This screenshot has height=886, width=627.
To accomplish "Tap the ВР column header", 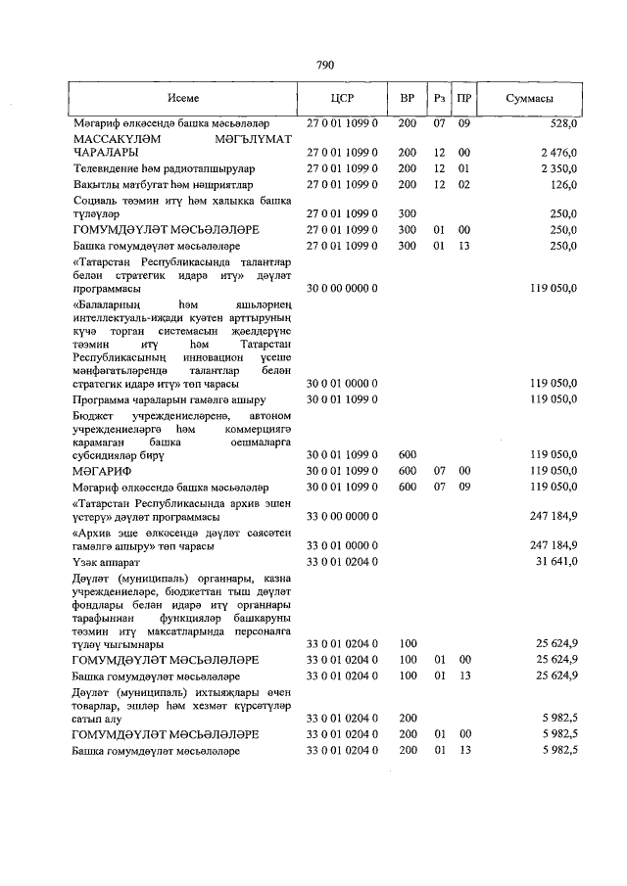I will [x=408, y=100].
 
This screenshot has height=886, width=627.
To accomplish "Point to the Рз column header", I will [x=441, y=100].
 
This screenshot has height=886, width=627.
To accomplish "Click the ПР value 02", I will [x=464, y=184].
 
